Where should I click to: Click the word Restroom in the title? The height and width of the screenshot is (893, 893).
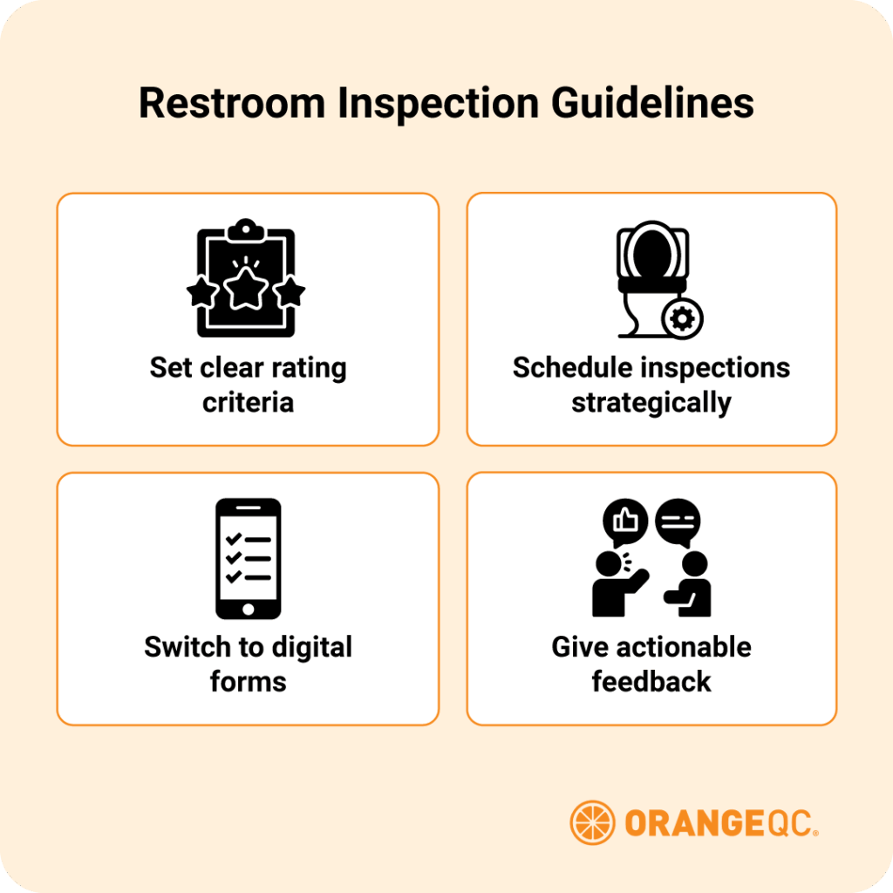tap(231, 104)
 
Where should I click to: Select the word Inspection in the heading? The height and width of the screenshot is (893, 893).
tap(439, 104)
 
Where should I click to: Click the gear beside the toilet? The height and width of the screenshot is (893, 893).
tap(682, 320)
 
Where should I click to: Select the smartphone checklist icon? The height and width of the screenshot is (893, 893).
tap(248, 558)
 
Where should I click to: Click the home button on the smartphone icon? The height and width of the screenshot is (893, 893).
tap(248, 608)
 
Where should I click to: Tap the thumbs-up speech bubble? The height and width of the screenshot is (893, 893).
tap(625, 521)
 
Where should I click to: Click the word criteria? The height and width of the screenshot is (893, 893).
tap(248, 402)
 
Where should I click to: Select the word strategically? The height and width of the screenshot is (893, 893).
tap(651, 403)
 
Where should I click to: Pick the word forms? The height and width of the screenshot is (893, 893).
tap(248, 680)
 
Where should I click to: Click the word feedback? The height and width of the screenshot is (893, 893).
tap(651, 680)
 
